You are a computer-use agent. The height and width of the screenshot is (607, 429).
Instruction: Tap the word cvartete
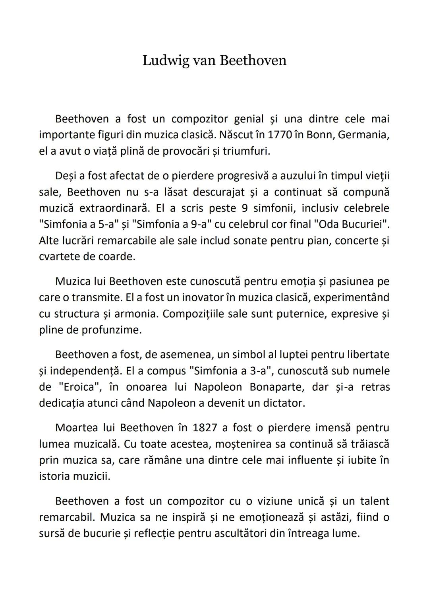point(61,256)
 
